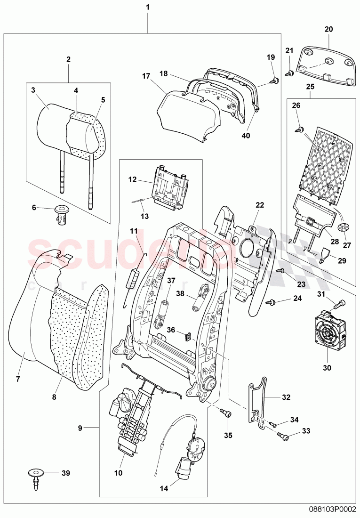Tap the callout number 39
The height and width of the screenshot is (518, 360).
click(58, 472)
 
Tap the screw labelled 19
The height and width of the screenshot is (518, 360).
click(274, 81)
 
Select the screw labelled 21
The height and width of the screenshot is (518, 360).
click(290, 73)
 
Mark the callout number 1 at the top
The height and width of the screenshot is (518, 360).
click(148, 8)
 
